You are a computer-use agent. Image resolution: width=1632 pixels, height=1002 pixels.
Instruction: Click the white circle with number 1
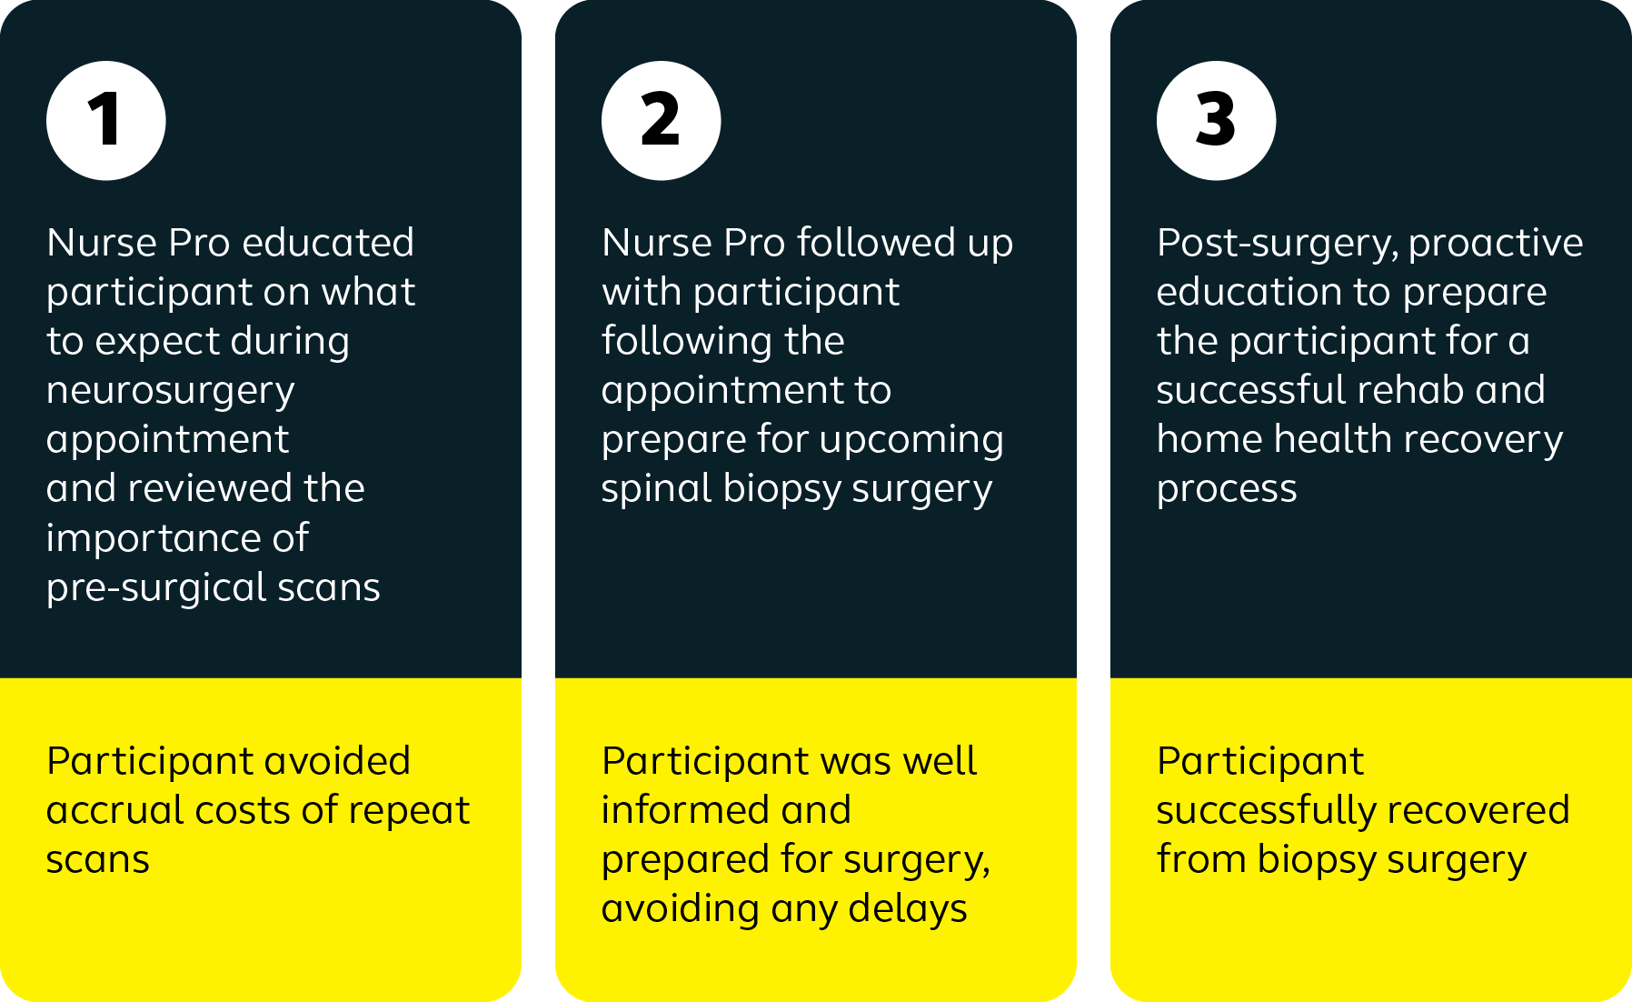(x=106, y=121)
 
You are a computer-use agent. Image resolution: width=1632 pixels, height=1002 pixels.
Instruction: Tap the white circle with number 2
(x=662, y=121)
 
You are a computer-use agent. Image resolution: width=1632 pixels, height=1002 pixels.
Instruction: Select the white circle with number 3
(x=1217, y=121)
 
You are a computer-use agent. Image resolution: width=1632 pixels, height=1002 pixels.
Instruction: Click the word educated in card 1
(x=328, y=243)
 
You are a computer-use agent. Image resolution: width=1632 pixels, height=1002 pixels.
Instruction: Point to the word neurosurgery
(x=171, y=392)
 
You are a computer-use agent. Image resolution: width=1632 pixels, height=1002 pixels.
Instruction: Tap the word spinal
(x=657, y=490)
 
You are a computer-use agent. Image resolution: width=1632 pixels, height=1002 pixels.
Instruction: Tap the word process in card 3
(x=1227, y=490)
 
